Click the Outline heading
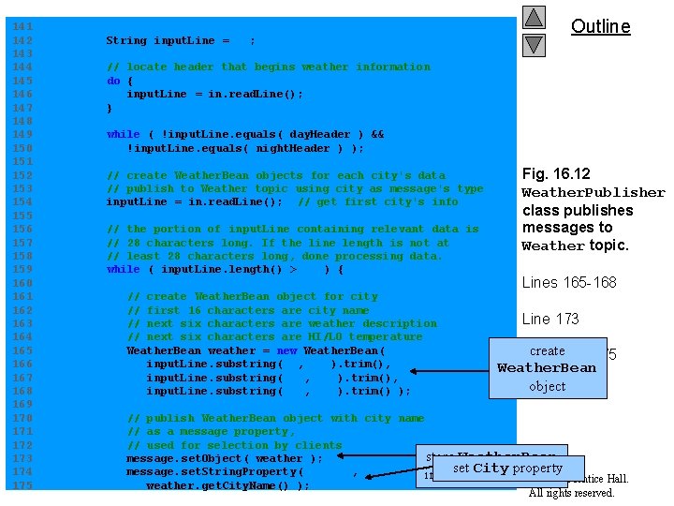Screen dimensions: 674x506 point(600,26)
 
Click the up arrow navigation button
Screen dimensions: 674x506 point(534,17)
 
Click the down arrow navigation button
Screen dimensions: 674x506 point(534,44)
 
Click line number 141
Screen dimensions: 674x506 point(22,27)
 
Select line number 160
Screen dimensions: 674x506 point(22,283)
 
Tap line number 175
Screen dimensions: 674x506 point(22,485)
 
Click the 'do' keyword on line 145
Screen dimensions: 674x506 point(113,81)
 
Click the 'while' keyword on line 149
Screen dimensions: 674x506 point(123,134)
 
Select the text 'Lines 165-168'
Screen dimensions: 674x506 point(569,283)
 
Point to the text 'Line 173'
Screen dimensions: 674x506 point(550,319)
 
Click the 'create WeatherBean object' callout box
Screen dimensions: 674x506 point(547,368)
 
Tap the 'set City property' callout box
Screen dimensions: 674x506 point(507,469)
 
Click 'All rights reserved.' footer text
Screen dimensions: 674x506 point(572,493)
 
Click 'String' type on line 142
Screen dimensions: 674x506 point(126,40)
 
